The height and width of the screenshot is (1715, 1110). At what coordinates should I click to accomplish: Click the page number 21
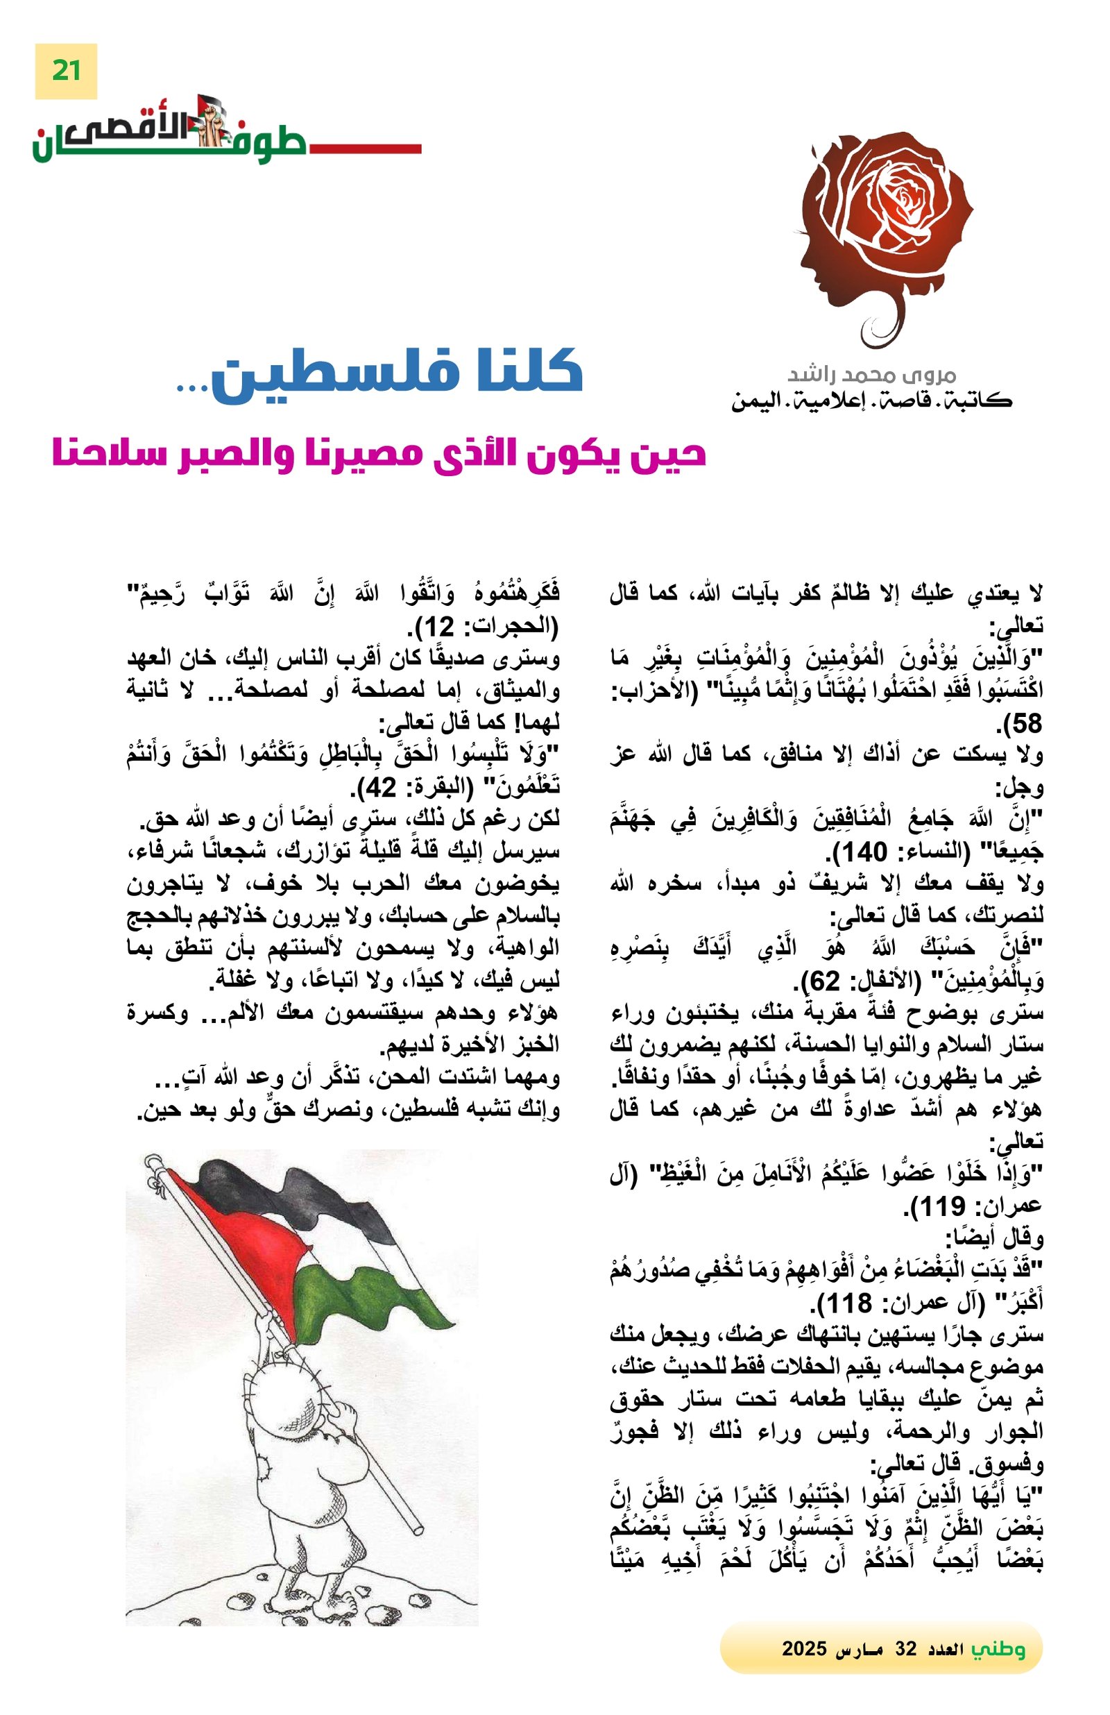click(x=65, y=71)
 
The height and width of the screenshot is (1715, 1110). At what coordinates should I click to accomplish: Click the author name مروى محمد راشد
click(x=871, y=375)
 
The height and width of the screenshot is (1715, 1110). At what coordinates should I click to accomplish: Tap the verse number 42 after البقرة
click(x=390, y=788)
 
